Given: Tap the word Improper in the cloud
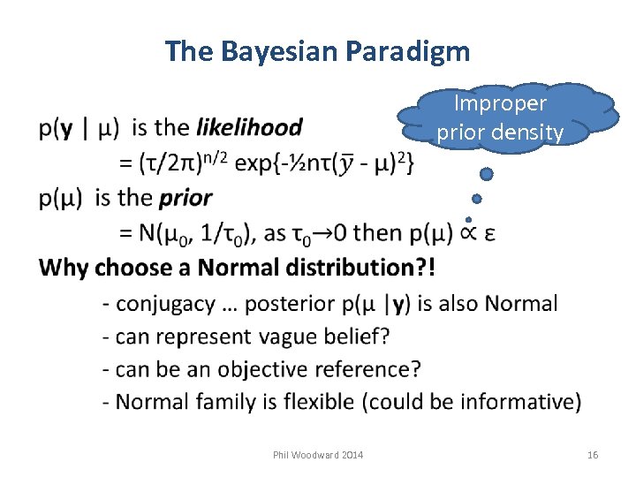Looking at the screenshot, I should (x=500, y=103).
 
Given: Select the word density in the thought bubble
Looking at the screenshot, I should (x=531, y=132).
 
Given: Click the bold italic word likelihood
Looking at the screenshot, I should (x=248, y=128).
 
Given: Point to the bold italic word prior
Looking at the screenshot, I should (x=185, y=198).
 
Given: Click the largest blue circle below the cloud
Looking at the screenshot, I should (x=486, y=175).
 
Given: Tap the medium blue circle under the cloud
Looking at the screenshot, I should (x=476, y=199).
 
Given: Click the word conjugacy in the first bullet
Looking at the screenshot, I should (x=166, y=304).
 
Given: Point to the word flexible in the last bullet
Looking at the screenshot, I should (x=312, y=401).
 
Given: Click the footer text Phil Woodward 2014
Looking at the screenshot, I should (x=318, y=454).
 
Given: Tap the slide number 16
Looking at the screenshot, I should (x=592, y=454).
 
